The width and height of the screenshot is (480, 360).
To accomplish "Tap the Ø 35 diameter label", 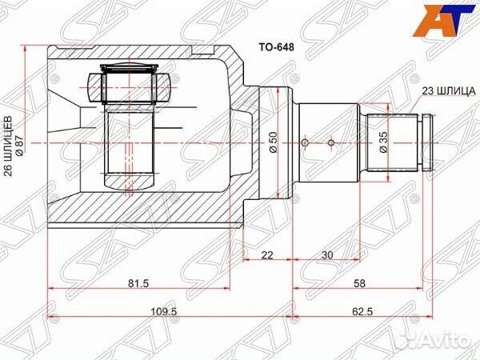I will (x=383, y=143).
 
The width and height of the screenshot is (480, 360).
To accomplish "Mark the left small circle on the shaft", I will (x=303, y=143).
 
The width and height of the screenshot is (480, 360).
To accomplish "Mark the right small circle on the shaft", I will (x=330, y=143).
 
